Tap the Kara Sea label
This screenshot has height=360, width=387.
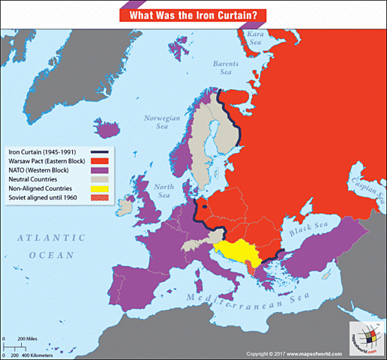tap(257, 38)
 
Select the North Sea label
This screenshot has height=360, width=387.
tap(161, 190)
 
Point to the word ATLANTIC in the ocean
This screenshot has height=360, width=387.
tap(52, 238)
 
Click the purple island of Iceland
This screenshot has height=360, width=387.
tap(108, 129)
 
